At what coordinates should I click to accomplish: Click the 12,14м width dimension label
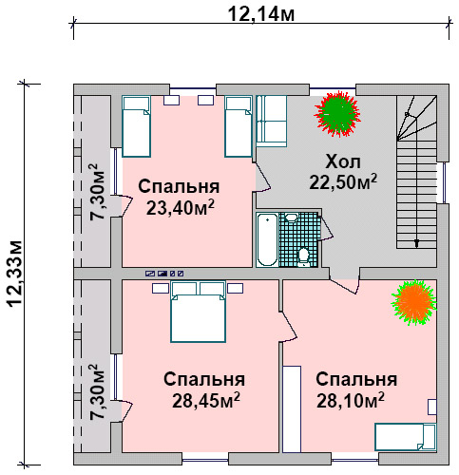[261, 14]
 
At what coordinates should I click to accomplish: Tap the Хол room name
[343, 161]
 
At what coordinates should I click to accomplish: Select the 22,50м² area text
[343, 181]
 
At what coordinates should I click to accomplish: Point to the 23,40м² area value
[180, 208]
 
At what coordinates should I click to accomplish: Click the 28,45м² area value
[206, 401]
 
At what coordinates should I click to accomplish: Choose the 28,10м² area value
[351, 401]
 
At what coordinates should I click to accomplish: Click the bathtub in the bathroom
[267, 239]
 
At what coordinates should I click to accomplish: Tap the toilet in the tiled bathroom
[304, 257]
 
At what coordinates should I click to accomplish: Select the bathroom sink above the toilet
[291, 218]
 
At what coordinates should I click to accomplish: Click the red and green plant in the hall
[337, 113]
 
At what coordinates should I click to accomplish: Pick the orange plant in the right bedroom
[414, 302]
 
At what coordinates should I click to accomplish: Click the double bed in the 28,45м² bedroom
[198, 312]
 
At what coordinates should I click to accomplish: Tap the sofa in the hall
[272, 121]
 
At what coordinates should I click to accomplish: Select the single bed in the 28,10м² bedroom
[406, 436]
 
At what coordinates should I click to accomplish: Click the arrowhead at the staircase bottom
[416, 243]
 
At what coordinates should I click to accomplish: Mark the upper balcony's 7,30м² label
[97, 192]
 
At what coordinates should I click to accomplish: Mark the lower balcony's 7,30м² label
[97, 392]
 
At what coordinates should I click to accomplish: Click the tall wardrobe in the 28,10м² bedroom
[292, 408]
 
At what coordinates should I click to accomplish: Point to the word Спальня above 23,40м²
[179, 186]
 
